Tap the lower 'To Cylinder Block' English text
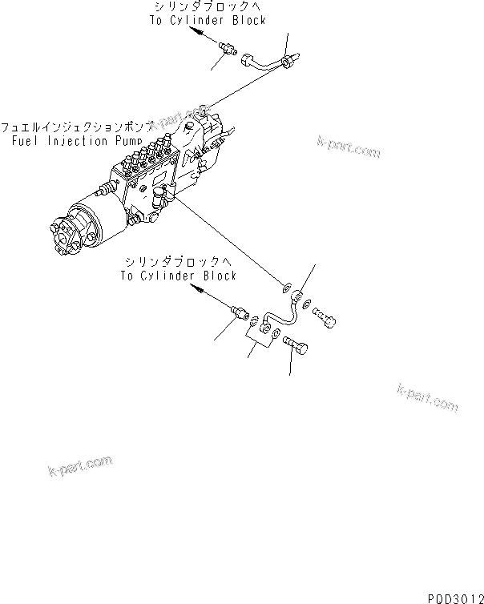click(179, 276)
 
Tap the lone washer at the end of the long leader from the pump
click(286, 284)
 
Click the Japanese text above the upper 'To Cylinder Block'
click(208, 7)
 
